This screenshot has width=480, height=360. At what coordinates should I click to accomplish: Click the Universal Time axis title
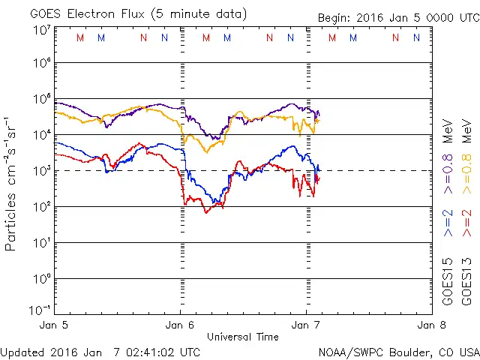tap(242, 337)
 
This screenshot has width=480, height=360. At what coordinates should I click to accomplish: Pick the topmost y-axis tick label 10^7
tap(41, 30)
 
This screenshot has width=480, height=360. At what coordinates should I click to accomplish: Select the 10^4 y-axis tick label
tap(41, 135)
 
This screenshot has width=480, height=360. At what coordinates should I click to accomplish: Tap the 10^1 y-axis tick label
tap(41, 243)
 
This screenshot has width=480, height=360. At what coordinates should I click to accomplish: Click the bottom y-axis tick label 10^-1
tap(40, 310)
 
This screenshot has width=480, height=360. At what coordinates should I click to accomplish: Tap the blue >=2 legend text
tap(448, 223)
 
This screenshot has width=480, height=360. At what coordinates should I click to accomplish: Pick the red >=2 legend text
tap(466, 223)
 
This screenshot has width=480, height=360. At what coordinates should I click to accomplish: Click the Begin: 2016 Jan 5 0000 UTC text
tap(397, 17)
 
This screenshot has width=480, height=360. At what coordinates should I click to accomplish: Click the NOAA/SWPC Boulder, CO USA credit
tap(398, 351)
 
